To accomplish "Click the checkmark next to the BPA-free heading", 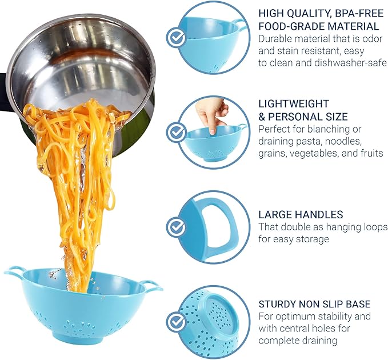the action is point(176,38).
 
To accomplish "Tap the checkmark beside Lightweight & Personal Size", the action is point(176,133).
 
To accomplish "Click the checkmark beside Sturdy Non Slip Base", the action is point(176,321).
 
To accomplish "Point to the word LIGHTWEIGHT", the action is point(294,103).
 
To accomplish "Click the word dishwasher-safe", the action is point(350,63).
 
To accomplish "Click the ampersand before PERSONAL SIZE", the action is point(262,117).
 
